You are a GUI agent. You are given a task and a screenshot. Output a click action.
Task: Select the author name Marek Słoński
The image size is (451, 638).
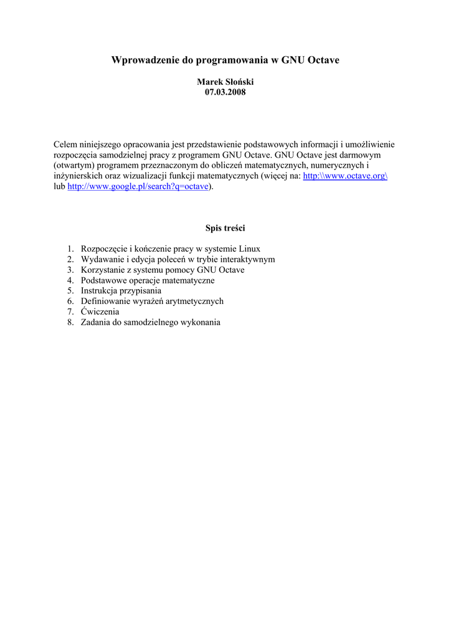pyautogui.click(x=225, y=82)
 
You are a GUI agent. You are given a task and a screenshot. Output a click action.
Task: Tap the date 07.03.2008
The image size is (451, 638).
pyautogui.click(x=225, y=92)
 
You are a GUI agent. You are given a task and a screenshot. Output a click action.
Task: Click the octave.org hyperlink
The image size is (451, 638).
pyautogui.click(x=345, y=176)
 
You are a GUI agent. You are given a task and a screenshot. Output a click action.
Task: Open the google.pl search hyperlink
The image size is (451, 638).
pyautogui.click(x=138, y=187)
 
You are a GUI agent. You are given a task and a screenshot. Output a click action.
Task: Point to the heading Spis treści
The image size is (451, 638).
pyautogui.click(x=225, y=228)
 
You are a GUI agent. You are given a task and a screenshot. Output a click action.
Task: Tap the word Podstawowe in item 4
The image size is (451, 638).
pyautogui.click(x=103, y=280)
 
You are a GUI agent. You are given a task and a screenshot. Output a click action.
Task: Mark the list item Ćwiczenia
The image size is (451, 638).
pyautogui.click(x=100, y=312)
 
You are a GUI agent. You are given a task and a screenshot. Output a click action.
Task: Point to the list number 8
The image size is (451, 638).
pyautogui.click(x=70, y=323)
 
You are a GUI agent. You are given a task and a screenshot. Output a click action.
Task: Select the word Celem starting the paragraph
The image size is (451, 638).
pyautogui.click(x=65, y=145)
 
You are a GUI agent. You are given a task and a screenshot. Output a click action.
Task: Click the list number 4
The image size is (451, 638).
pyautogui.click(x=70, y=280)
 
